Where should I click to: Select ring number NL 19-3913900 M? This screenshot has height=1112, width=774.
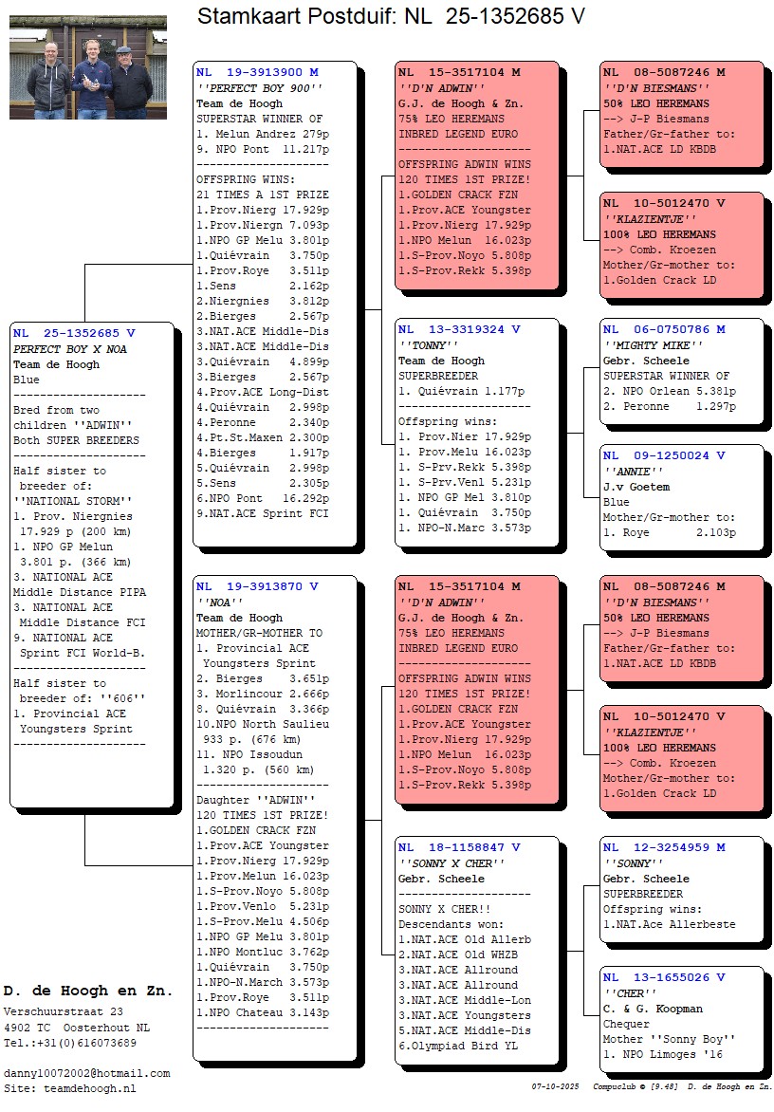pos(257,72)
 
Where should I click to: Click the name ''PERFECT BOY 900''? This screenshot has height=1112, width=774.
pos(260,88)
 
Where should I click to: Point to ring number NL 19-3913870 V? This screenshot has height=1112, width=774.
pos(257,586)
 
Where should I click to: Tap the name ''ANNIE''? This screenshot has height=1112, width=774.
pos(628,472)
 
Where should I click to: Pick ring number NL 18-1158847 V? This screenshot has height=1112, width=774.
pos(459,847)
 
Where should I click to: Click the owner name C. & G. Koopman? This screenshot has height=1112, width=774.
pos(653,1009)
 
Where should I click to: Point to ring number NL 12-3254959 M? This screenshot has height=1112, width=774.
pos(664,847)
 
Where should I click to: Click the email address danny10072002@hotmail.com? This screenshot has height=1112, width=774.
pos(86,1073)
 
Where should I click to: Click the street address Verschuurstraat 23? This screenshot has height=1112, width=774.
pos(64,1012)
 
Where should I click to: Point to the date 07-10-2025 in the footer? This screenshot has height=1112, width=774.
pos(556,1085)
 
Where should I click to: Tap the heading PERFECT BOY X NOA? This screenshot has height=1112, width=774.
pos(70,349)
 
